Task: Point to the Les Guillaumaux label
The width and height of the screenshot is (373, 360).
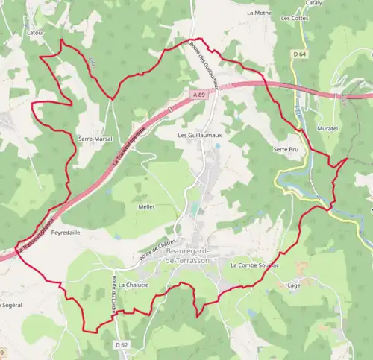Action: [x=195, y=136]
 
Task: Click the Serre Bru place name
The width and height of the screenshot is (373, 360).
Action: [x=286, y=150]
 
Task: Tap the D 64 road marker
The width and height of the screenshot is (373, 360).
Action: [x=300, y=54]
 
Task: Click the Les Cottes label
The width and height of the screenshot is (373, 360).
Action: [x=294, y=17]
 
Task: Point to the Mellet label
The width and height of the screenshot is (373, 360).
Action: [x=146, y=207]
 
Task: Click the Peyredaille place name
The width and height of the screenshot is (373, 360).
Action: [x=66, y=233]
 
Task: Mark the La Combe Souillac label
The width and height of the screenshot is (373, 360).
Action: [x=254, y=265]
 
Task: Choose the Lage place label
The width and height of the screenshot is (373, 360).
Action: [x=293, y=285]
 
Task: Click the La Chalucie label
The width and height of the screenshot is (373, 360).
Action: [x=133, y=285]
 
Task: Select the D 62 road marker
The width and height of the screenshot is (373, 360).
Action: [x=122, y=344]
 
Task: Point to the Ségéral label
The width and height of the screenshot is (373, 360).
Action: [x=11, y=306]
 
